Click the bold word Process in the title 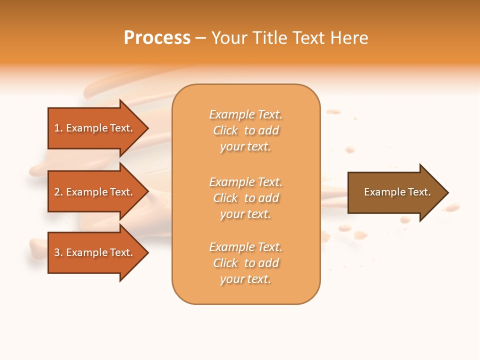click(x=157, y=38)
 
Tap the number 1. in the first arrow click(x=58, y=128)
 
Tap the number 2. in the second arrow click(x=58, y=192)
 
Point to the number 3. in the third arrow click(x=58, y=252)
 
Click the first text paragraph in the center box click(x=245, y=130)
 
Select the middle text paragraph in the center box click(x=245, y=198)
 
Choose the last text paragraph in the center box click(x=245, y=263)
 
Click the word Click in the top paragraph click(x=225, y=130)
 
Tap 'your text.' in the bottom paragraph click(x=245, y=279)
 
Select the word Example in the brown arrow click(x=381, y=192)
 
